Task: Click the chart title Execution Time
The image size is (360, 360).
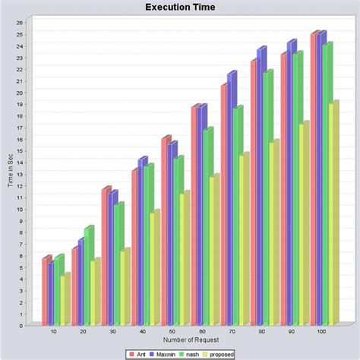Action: (180, 8)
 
